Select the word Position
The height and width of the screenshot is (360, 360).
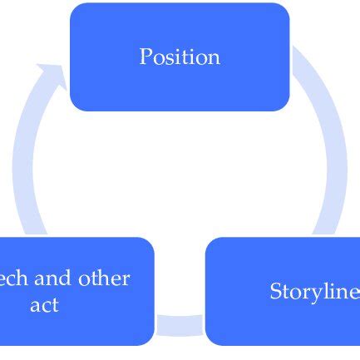click(180, 57)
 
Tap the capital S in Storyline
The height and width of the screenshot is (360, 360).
click(276, 292)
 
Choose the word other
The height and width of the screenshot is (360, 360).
click(105, 279)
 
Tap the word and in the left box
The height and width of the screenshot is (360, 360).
click(54, 279)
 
